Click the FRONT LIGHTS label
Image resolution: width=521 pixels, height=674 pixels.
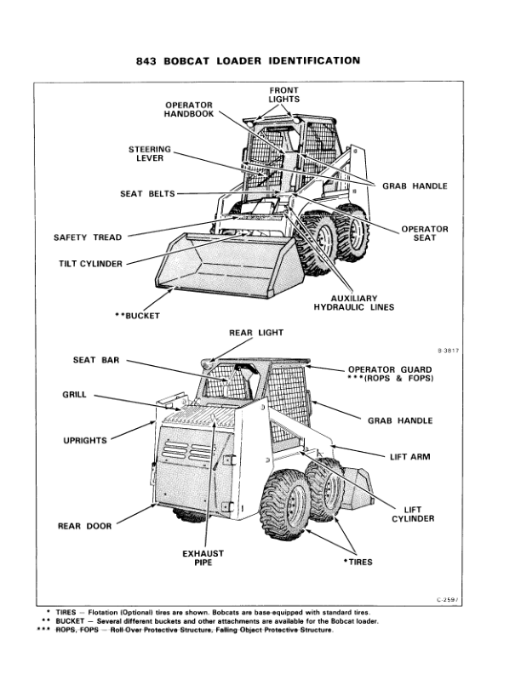click(283, 94)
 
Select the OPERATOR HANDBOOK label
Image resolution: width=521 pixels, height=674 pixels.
click(189, 110)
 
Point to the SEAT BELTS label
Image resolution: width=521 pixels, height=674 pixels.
click(147, 194)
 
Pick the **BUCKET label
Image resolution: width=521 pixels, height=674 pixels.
click(137, 316)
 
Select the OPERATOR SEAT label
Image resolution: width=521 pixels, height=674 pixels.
click(425, 234)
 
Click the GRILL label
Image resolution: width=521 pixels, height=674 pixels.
click(75, 395)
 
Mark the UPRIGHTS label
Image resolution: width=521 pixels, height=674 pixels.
click(84, 440)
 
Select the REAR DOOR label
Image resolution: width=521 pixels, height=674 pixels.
click(84, 526)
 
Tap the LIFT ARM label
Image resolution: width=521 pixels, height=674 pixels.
click(409, 457)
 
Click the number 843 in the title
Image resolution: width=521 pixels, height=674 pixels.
click(150, 61)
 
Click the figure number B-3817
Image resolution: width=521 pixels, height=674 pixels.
click(446, 351)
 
